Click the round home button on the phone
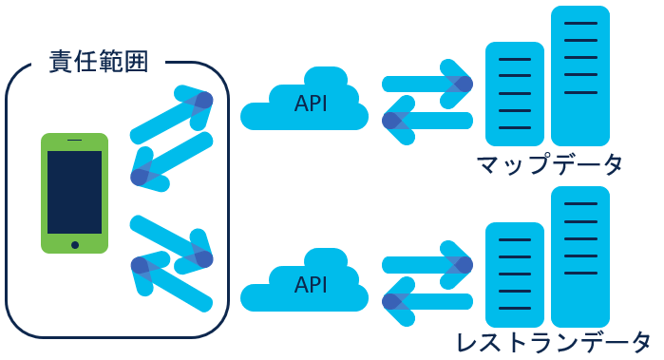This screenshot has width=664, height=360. [x=74, y=244]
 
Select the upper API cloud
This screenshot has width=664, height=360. [x=304, y=103]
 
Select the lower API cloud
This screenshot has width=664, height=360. [x=304, y=284]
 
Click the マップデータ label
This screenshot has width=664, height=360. [x=550, y=164]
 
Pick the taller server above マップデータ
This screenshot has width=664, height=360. [x=579, y=71]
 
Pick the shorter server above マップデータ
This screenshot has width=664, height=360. [x=514, y=90]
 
